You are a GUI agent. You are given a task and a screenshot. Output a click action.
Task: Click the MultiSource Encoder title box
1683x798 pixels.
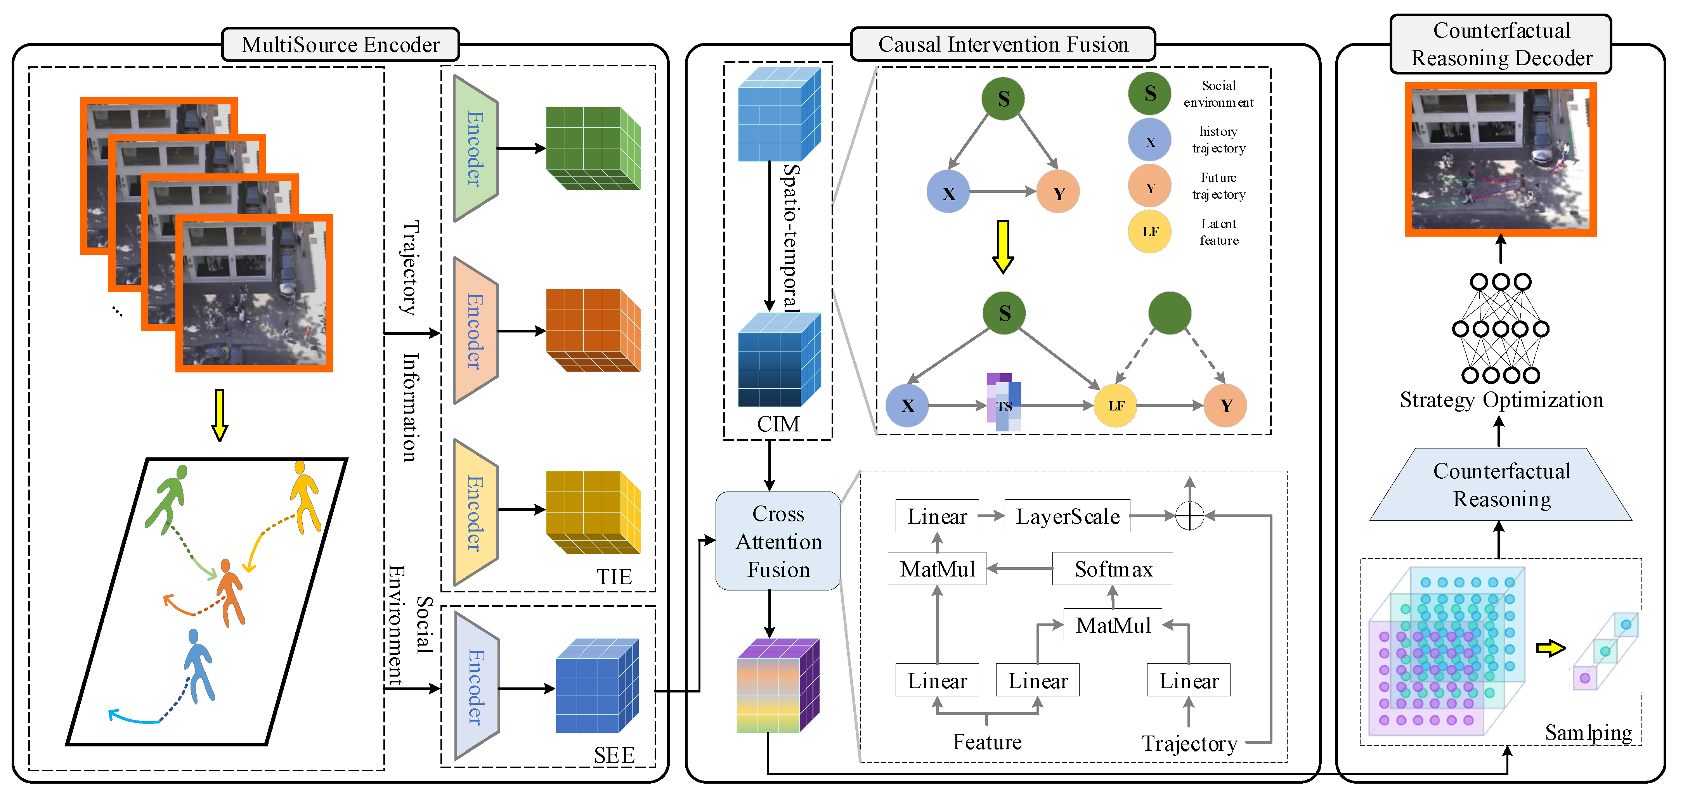point(340,44)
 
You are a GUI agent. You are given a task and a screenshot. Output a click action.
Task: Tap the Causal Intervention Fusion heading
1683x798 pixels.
point(1003,44)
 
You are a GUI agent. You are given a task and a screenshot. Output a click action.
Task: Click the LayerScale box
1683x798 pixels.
point(1067,516)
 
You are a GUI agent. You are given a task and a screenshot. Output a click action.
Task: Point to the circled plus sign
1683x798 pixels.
point(1189,516)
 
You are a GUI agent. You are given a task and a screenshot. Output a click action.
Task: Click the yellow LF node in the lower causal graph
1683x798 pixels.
point(1116,405)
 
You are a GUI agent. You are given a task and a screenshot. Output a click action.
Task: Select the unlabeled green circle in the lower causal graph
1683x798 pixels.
point(1170,313)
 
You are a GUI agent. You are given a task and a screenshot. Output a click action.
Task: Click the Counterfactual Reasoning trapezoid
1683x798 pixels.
point(1501,485)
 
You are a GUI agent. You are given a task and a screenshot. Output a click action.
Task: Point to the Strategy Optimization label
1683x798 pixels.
point(1501,400)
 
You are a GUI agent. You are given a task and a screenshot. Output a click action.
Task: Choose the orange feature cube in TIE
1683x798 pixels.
point(593,331)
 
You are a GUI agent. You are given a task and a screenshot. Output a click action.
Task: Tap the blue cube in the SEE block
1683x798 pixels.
point(596,685)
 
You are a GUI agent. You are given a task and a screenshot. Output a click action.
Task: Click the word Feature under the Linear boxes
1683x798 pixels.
point(986,743)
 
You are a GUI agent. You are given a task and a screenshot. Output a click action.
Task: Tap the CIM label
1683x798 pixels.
point(778,424)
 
